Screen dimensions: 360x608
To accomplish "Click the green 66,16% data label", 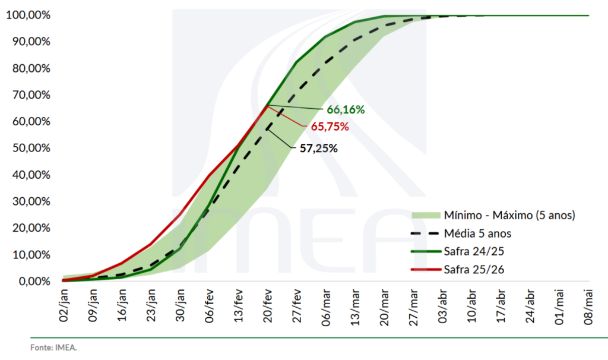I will [x=345, y=110].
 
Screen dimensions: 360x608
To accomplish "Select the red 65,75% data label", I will [x=330, y=127].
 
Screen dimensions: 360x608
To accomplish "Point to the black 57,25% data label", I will [x=318, y=149].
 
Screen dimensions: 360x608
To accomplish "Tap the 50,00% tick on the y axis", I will [x=28, y=148].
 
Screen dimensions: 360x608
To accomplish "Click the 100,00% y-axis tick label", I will [x=26, y=15].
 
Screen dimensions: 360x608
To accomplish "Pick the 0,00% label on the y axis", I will [x=30, y=281].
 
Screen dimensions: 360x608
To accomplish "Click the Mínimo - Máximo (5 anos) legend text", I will [x=509, y=214].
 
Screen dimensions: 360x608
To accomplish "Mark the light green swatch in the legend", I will [x=425, y=214].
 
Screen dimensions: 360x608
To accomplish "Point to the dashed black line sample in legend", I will [x=425, y=233].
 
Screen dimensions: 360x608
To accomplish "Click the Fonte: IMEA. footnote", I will [x=53, y=348].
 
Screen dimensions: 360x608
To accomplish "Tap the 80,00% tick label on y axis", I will [x=28, y=68].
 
